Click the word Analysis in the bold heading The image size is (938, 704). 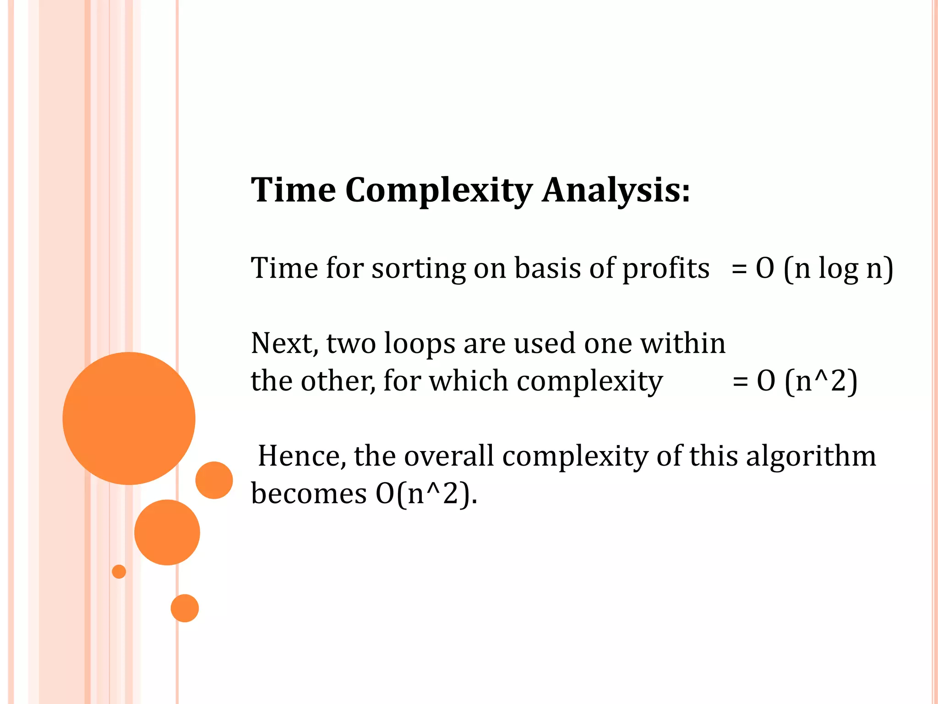click(x=616, y=190)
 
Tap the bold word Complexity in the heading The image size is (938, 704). click(x=439, y=190)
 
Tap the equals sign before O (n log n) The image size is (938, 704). click(x=739, y=269)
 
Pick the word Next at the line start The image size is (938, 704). click(x=284, y=344)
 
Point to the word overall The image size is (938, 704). click(x=449, y=456)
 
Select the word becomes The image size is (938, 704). click(x=309, y=494)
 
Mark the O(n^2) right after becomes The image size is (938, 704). click(x=426, y=494)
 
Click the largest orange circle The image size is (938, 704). click(x=129, y=418)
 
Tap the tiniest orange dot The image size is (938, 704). click(x=119, y=572)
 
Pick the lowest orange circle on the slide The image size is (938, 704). click(x=185, y=608)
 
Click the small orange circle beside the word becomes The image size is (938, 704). click(x=214, y=480)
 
